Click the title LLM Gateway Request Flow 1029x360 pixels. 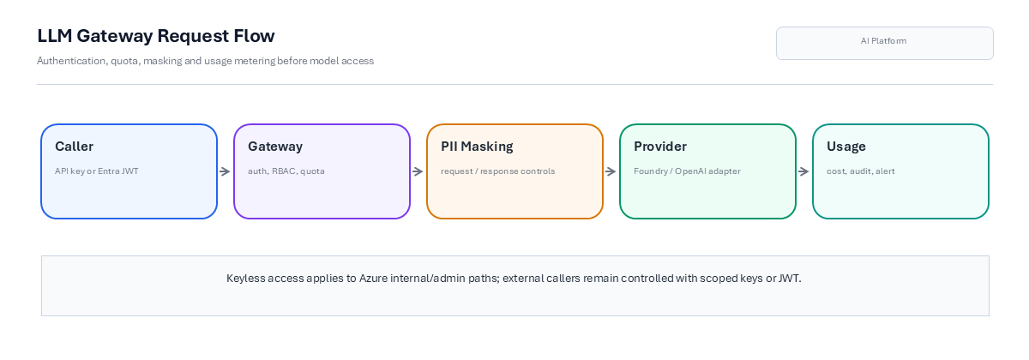(156, 36)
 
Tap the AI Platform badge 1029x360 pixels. (885, 43)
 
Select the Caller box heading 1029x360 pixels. (74, 147)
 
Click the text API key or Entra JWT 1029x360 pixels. (96, 171)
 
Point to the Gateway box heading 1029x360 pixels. (275, 147)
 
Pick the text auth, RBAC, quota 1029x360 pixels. (286, 171)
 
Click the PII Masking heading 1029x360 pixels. (477, 147)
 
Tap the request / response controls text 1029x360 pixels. (498, 171)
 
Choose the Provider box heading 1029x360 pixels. (660, 147)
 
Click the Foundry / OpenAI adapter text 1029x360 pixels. (687, 171)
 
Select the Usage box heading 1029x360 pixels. (846, 147)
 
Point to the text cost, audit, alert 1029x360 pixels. (861, 171)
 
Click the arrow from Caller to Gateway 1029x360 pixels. (225, 171)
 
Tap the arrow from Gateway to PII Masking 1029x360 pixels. (418, 171)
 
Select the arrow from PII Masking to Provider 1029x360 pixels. (611, 171)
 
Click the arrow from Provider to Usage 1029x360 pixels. (803, 171)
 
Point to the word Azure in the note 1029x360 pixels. (374, 279)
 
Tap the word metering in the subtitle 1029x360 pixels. (255, 61)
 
